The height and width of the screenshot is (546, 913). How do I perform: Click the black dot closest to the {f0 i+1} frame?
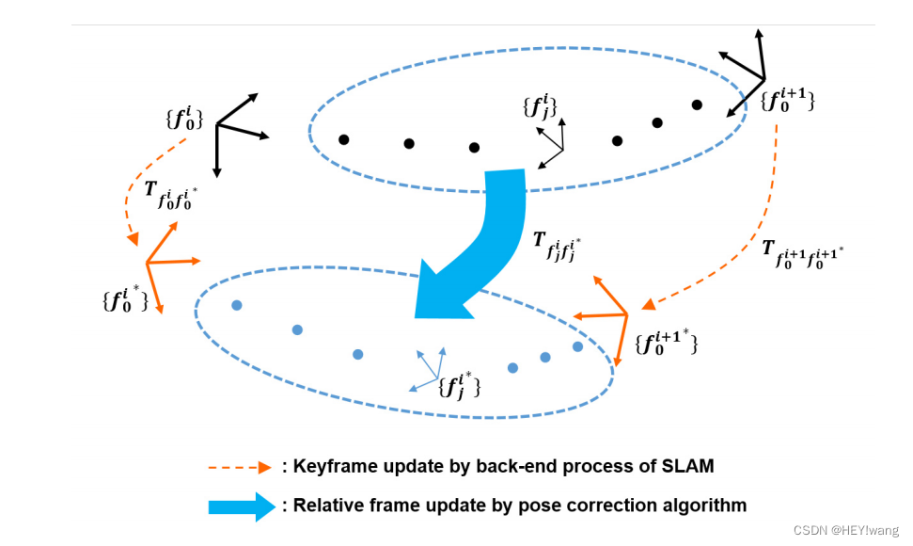click(697, 104)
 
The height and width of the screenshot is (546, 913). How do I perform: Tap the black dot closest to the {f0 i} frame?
click(344, 140)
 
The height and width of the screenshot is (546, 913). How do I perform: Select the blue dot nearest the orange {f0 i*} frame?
click(236, 305)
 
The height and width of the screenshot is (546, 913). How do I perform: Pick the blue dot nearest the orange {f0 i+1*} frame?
click(577, 346)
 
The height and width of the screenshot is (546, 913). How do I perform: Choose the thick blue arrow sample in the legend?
click(242, 506)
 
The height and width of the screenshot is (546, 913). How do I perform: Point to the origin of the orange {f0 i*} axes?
click(147, 263)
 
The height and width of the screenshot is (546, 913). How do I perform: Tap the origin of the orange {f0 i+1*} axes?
click(626, 314)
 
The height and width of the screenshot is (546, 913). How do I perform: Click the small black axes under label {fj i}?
click(557, 146)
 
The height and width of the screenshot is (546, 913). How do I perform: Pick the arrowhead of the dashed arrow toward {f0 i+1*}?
click(647, 305)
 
